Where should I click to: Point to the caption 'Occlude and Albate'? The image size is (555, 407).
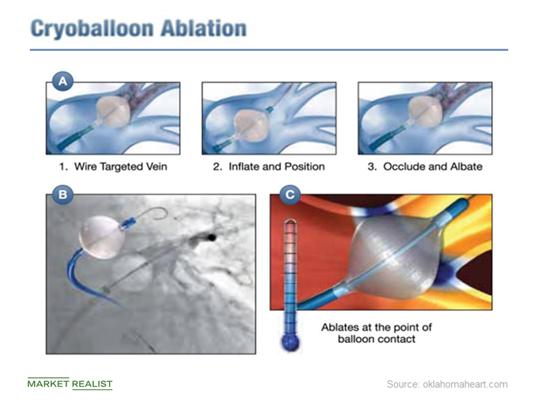[x=425, y=166]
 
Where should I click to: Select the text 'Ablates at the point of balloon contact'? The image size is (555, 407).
[x=376, y=332]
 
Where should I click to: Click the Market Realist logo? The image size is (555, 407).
[x=70, y=384]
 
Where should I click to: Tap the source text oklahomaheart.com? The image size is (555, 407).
[x=447, y=384]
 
